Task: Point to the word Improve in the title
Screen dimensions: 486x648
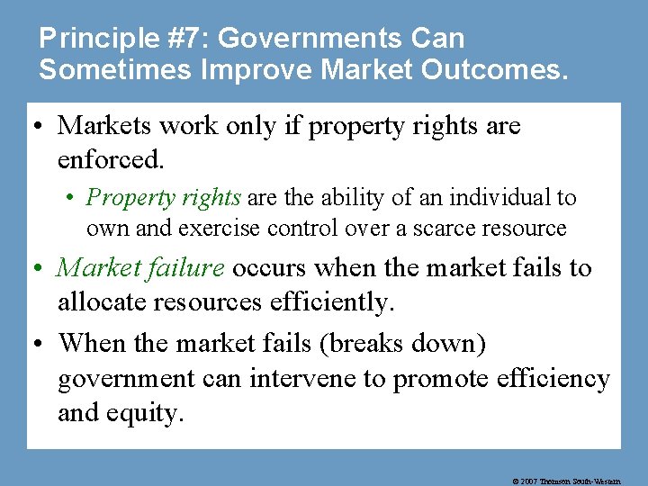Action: point(254,71)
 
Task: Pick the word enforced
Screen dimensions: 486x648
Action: point(110,159)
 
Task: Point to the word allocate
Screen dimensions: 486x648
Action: point(100,301)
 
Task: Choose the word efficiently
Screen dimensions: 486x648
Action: point(332,301)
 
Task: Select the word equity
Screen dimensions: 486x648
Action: point(151,413)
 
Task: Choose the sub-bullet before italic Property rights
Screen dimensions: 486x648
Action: point(76,198)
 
